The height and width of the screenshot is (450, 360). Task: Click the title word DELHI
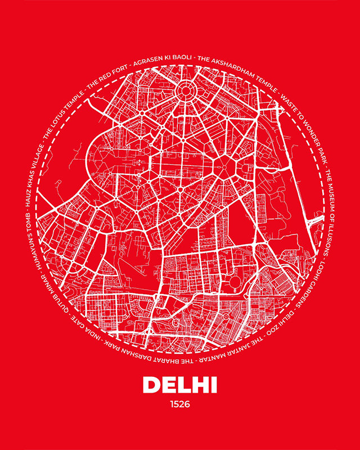[179, 385]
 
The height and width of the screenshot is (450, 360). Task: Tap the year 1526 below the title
[179, 403]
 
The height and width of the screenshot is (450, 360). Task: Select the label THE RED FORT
[110, 74]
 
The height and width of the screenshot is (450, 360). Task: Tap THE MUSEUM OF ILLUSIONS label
[331, 211]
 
